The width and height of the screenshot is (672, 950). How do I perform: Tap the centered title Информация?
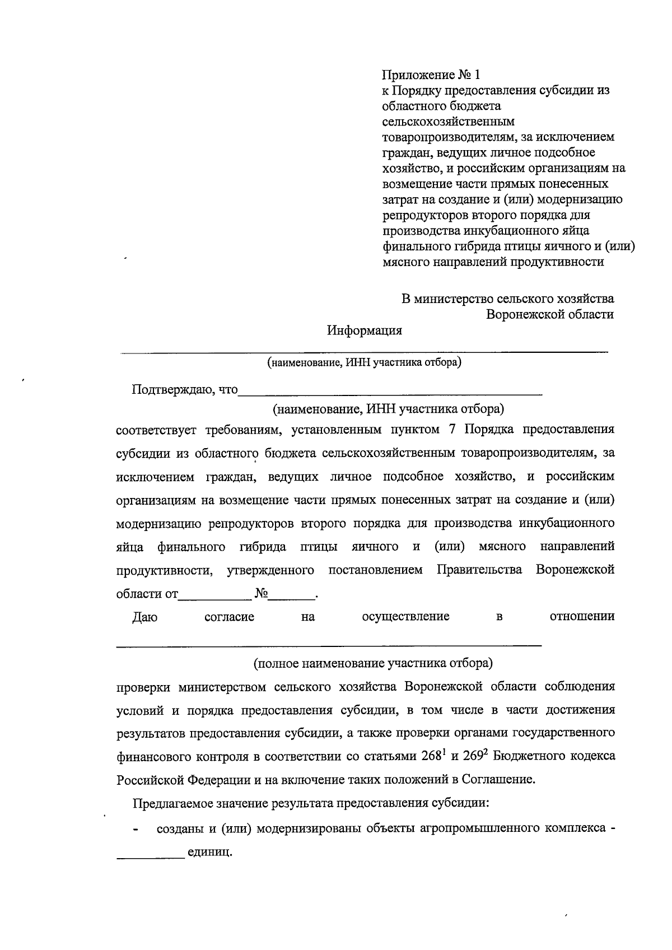coord(365,330)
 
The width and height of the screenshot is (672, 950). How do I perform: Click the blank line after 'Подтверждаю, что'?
coord(390,392)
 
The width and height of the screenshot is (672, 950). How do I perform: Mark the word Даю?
coord(144,617)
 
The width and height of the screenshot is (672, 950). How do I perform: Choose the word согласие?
coord(229,617)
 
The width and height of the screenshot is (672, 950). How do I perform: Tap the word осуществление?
coord(405,617)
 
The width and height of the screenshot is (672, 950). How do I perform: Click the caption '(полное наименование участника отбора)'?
coord(373,664)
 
